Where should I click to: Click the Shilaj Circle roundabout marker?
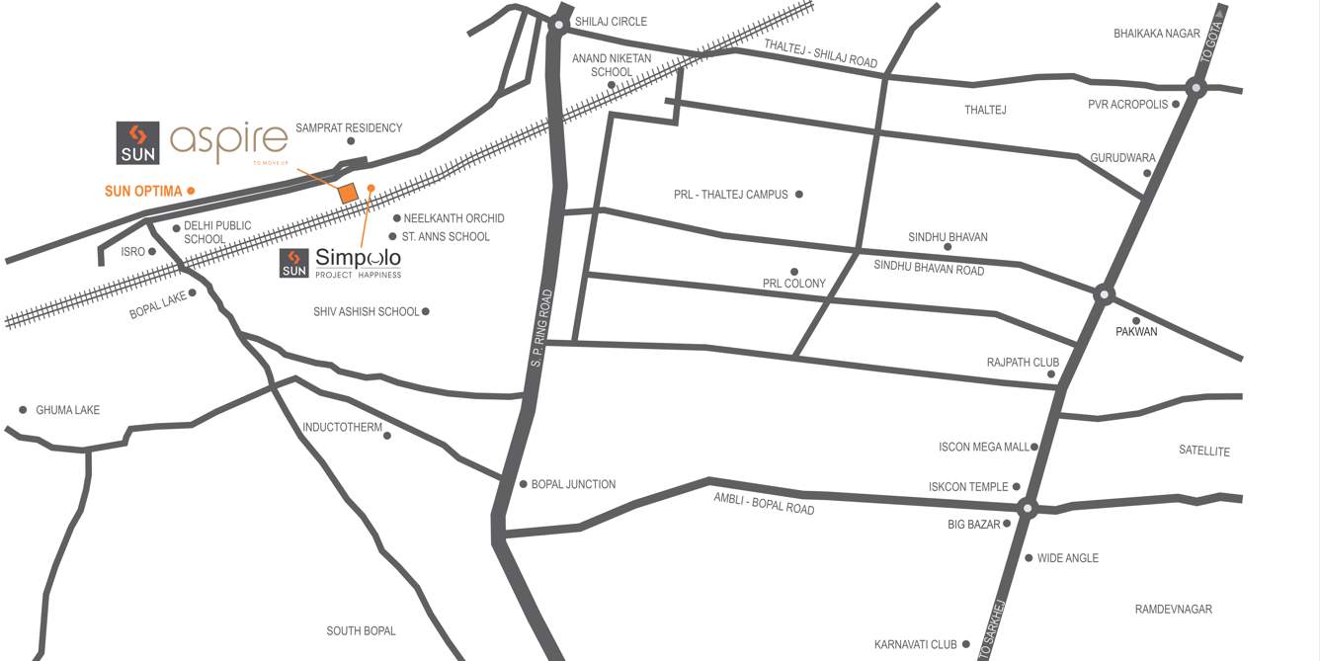559,25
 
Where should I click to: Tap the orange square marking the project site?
347,194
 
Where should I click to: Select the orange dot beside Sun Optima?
191,191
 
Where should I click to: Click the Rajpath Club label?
1023,363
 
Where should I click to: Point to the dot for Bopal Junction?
524,484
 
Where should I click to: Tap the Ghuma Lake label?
67,410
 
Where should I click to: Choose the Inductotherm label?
342,428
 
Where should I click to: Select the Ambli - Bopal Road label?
764,503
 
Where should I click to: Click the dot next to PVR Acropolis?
1176,104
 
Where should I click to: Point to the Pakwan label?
1136,332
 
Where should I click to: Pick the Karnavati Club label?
916,645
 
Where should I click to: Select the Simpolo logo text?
358,259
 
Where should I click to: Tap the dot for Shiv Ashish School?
426,311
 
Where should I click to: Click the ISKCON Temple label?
968,487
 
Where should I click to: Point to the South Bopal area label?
361,631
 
